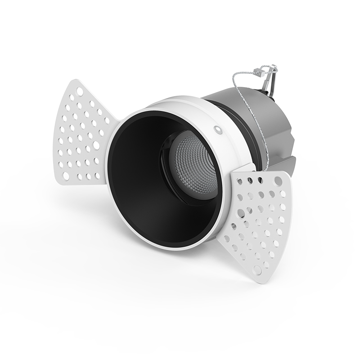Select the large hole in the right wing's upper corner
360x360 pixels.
[x=278, y=181]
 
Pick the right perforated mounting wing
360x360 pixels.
[x=259, y=220]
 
